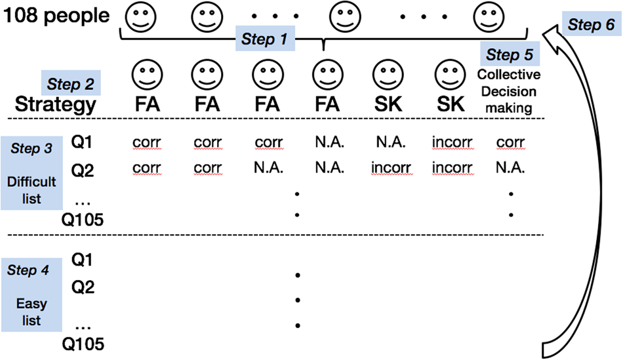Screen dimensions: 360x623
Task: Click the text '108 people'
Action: tap(58, 15)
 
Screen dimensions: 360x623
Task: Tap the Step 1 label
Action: tap(265, 39)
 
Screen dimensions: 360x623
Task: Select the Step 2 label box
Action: tap(71, 84)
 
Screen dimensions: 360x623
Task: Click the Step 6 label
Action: tap(591, 25)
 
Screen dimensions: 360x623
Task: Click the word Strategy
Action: tap(56, 105)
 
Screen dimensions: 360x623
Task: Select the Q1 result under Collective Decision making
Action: tap(511, 142)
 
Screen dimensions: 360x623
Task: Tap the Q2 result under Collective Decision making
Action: tap(511, 168)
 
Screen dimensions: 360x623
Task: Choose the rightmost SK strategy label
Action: tap(450, 104)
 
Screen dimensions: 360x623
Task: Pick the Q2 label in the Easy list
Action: tap(83, 287)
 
